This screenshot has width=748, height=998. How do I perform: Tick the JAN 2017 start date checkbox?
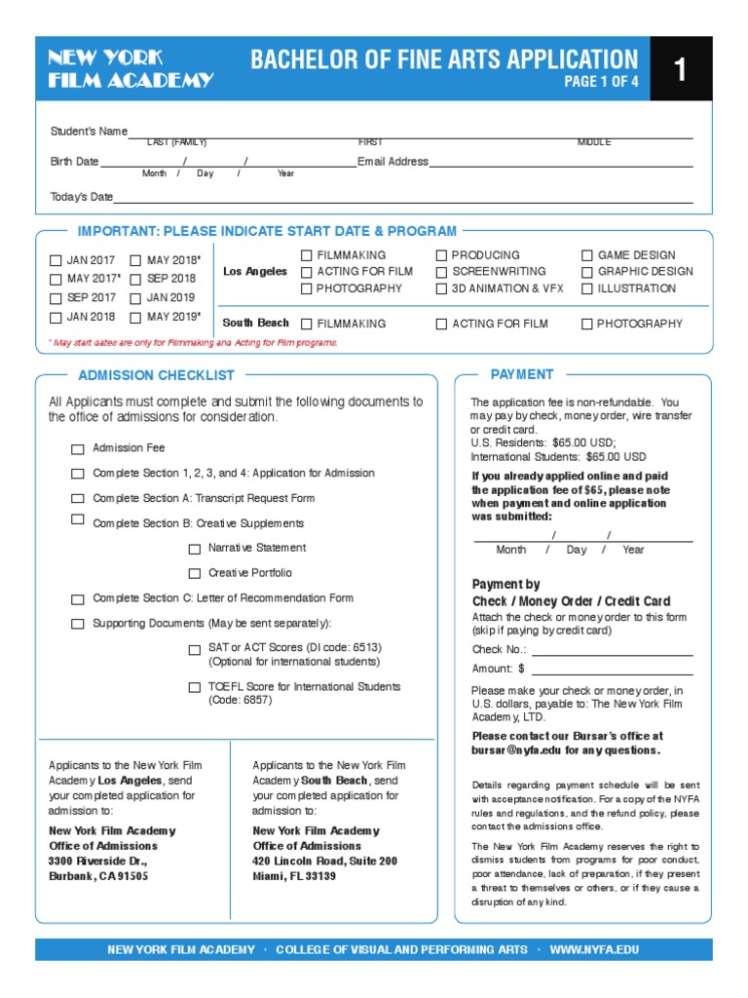tap(56, 260)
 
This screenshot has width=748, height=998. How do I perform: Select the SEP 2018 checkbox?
tap(135, 279)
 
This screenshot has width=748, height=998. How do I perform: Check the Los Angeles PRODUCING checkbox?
tap(441, 255)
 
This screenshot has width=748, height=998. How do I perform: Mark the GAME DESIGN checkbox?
tap(587, 255)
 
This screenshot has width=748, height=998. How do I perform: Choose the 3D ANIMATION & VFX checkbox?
tap(441, 289)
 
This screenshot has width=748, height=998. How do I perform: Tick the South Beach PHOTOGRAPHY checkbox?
tap(587, 324)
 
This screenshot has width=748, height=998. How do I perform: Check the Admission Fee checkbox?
tap(77, 449)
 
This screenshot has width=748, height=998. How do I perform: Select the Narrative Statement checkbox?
tap(195, 549)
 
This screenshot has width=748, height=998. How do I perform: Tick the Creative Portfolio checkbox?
tap(195, 573)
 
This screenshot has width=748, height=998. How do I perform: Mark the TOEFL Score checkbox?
tap(195, 687)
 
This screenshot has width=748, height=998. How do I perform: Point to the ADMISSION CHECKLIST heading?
tap(156, 375)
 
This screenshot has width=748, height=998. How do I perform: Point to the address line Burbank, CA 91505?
tap(98, 876)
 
